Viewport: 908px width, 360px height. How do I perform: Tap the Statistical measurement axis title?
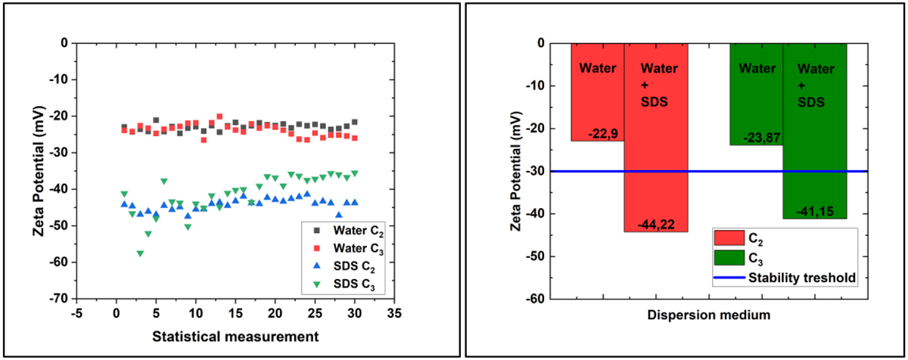pyautogui.click(x=235, y=334)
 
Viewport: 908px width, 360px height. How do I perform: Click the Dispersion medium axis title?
pyautogui.click(x=709, y=312)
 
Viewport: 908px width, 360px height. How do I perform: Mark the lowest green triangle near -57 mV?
pyautogui.click(x=140, y=253)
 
